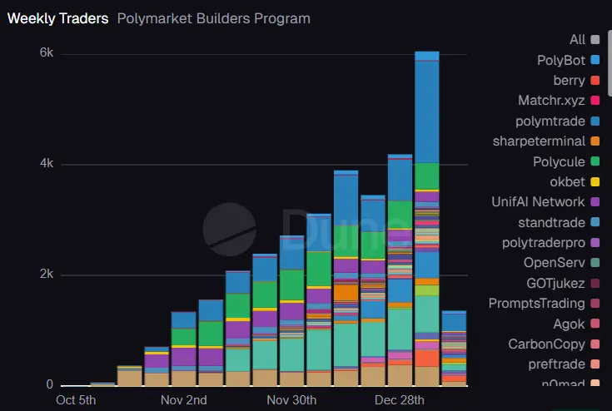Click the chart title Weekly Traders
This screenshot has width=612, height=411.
pyautogui.click(x=57, y=18)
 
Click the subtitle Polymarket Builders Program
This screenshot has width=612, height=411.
pyautogui.click(x=213, y=18)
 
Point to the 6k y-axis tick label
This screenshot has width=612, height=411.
pyautogui.click(x=47, y=53)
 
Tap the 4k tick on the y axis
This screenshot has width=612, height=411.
pyautogui.click(x=47, y=164)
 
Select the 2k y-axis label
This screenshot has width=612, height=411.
pyautogui.click(x=47, y=275)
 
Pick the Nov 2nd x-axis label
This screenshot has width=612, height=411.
pyautogui.click(x=185, y=401)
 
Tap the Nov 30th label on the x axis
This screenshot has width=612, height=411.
pyautogui.click(x=292, y=401)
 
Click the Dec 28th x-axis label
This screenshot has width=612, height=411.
pyautogui.click(x=400, y=401)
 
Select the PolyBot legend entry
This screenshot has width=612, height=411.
pyautogui.click(x=562, y=60)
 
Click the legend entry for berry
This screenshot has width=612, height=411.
pyautogui.click(x=570, y=80)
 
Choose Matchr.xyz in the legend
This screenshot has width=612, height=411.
pyautogui.click(x=551, y=101)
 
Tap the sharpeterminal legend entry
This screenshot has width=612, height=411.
pyautogui.click(x=540, y=141)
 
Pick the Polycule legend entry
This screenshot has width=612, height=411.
pyautogui.click(x=560, y=161)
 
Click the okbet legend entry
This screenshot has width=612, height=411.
pyautogui.click(x=568, y=181)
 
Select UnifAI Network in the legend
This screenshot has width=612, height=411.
pyautogui.click(x=538, y=201)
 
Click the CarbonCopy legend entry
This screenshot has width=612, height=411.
pyautogui.click(x=549, y=344)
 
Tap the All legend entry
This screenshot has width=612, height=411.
pyautogui.click(x=578, y=39)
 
